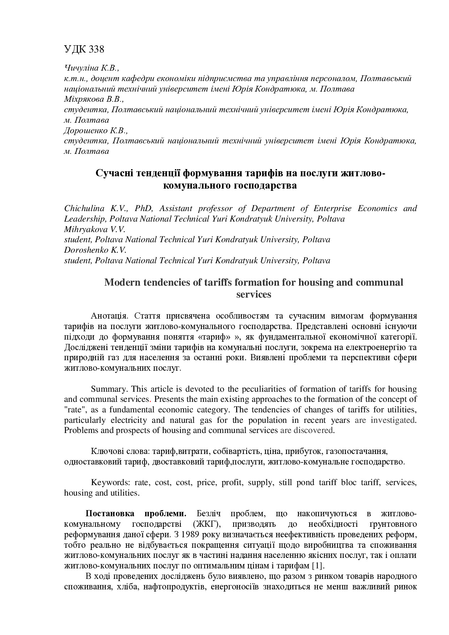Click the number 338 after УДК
96,49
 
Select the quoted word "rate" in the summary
75,410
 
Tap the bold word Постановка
110,514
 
